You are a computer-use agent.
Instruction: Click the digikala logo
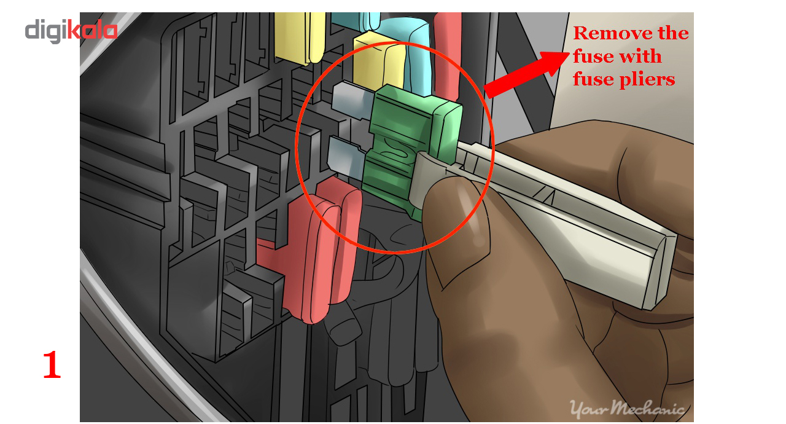(71, 31)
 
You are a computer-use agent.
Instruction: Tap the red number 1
(52, 365)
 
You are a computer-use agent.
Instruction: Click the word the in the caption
(674, 33)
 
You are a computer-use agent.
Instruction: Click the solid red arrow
(526, 74)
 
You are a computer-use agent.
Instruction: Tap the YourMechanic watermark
(627, 409)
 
